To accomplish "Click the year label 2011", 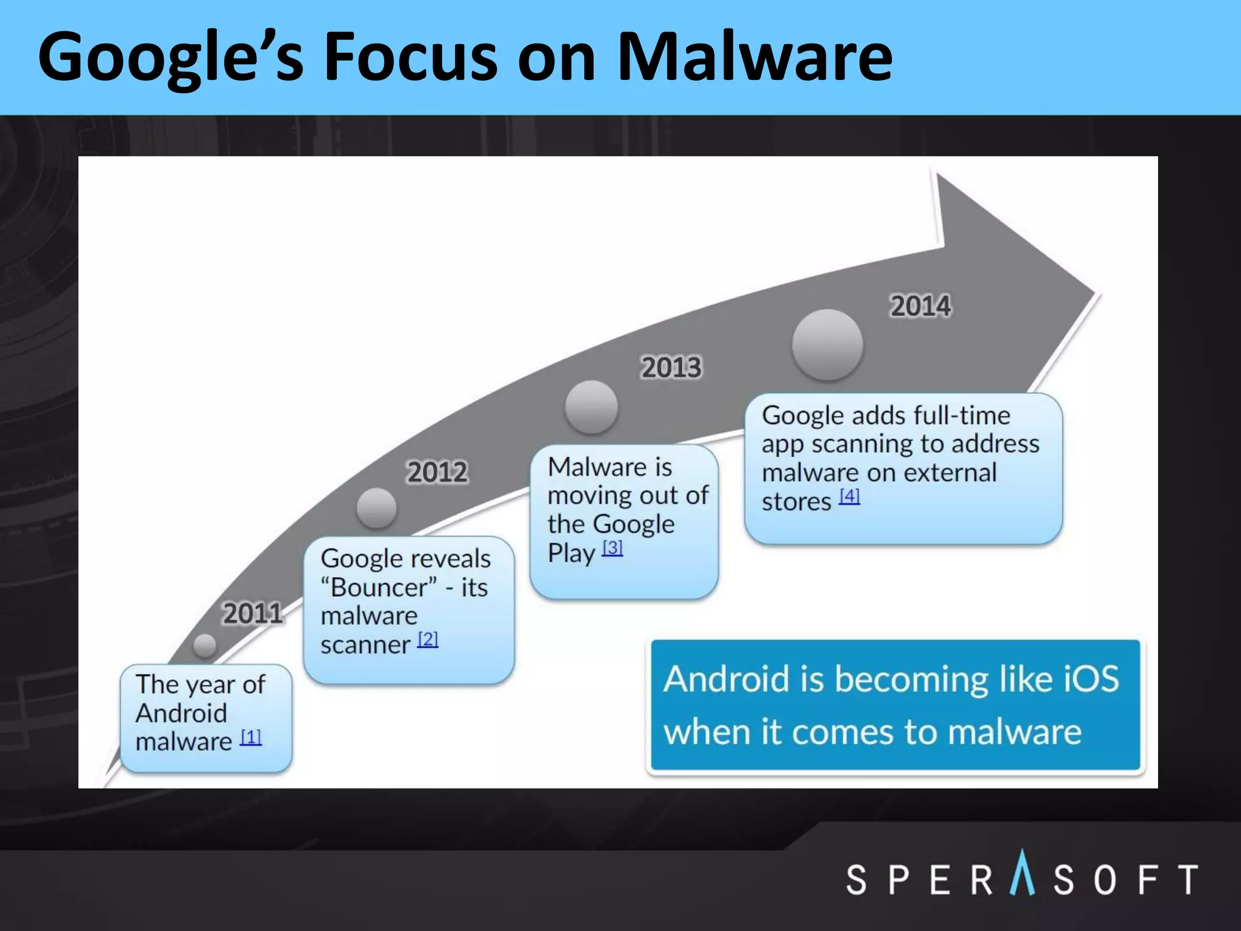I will tap(253, 613).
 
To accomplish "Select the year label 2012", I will tap(437, 472).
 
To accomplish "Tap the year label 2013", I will tap(671, 367).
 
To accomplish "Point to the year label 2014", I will tap(920, 305).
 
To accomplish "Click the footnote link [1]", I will tap(251, 738).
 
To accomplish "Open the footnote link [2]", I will tap(428, 639).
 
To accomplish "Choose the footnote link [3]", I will tap(612, 548).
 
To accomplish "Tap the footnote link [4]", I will tap(849, 496).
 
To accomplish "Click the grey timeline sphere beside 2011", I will tap(205, 646).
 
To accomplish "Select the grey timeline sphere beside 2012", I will tap(376, 508).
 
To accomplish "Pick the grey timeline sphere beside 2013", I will tap(591, 407).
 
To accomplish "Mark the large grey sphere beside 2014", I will tap(827, 345).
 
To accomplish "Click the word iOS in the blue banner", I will tap(1091, 679).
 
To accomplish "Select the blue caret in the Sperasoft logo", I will tap(1022, 873).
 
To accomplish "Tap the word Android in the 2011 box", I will tap(181, 713).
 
